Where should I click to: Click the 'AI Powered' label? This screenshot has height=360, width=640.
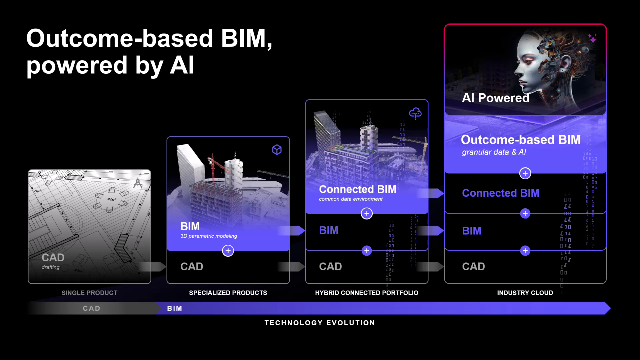pyautogui.click(x=495, y=98)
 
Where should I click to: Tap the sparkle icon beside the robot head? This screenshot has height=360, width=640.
pyautogui.click(x=592, y=39)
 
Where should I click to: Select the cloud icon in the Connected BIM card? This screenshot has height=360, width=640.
pyautogui.click(x=415, y=113)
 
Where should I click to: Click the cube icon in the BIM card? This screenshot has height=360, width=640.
pyautogui.click(x=277, y=150)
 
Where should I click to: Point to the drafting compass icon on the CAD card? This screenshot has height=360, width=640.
pyautogui.click(x=138, y=183)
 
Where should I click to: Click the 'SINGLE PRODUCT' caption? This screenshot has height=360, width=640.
pyautogui.click(x=89, y=293)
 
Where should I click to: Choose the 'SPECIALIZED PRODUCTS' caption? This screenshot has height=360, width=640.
pyautogui.click(x=228, y=293)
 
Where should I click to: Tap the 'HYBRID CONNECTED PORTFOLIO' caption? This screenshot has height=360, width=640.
pyautogui.click(x=367, y=293)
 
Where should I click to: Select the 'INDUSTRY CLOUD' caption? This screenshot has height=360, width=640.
pyautogui.click(x=525, y=293)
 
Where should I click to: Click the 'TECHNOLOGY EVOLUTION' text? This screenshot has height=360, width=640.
pyautogui.click(x=320, y=323)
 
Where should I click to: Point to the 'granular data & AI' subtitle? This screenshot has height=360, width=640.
pyautogui.click(x=494, y=152)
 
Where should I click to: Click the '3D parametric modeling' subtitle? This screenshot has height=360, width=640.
pyautogui.click(x=209, y=236)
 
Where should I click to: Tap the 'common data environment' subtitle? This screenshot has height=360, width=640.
pyautogui.click(x=351, y=199)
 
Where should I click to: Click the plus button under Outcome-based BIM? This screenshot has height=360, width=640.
pyautogui.click(x=525, y=173)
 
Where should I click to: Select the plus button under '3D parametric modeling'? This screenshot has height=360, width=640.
pyautogui.click(x=228, y=251)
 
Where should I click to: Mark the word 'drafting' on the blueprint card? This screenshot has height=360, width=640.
pyautogui.click(x=51, y=267)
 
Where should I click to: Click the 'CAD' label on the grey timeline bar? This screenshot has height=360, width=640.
pyautogui.click(x=91, y=308)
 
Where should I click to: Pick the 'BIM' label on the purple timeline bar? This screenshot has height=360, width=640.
pyautogui.click(x=175, y=308)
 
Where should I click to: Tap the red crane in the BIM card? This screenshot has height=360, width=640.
pyautogui.click(x=217, y=167)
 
